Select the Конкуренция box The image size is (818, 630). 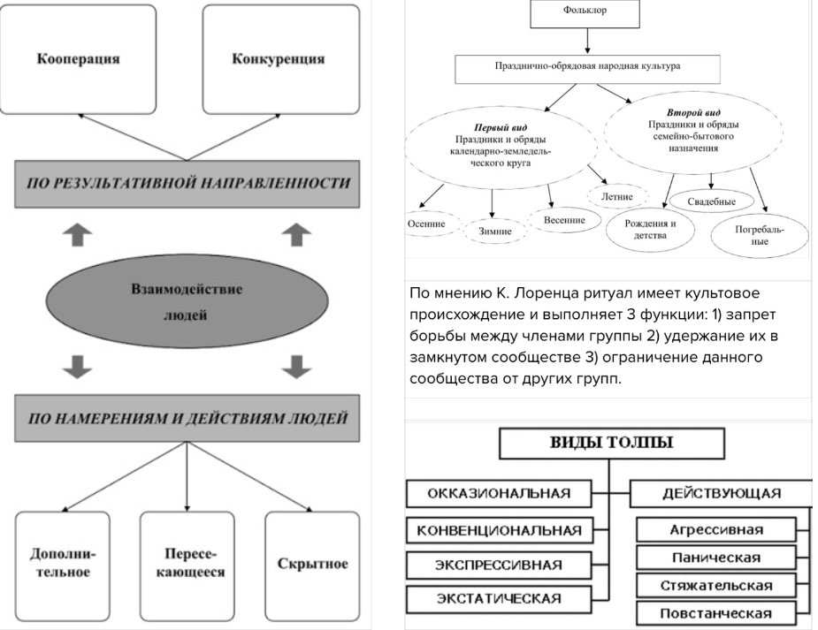[279, 60]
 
